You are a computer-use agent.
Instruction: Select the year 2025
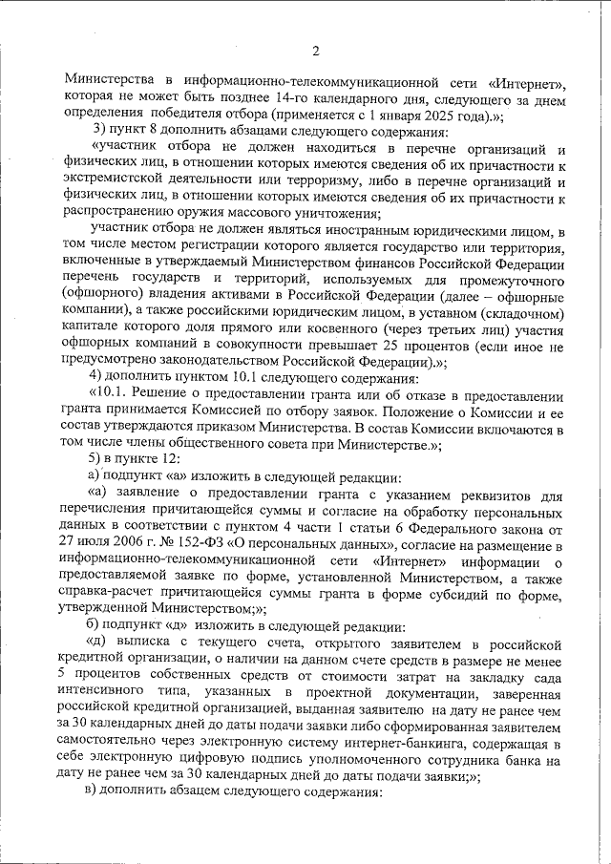point(432,114)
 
